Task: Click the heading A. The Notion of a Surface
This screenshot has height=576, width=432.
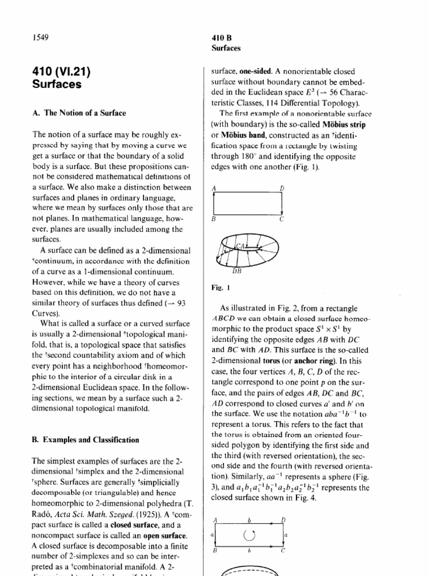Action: (79, 113)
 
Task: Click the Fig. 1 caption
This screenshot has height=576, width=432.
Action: (218, 287)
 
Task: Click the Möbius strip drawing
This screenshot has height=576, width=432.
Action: (247, 250)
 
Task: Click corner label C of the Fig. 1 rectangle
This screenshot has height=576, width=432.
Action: (282, 220)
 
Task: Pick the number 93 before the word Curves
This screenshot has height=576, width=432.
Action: (181, 303)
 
